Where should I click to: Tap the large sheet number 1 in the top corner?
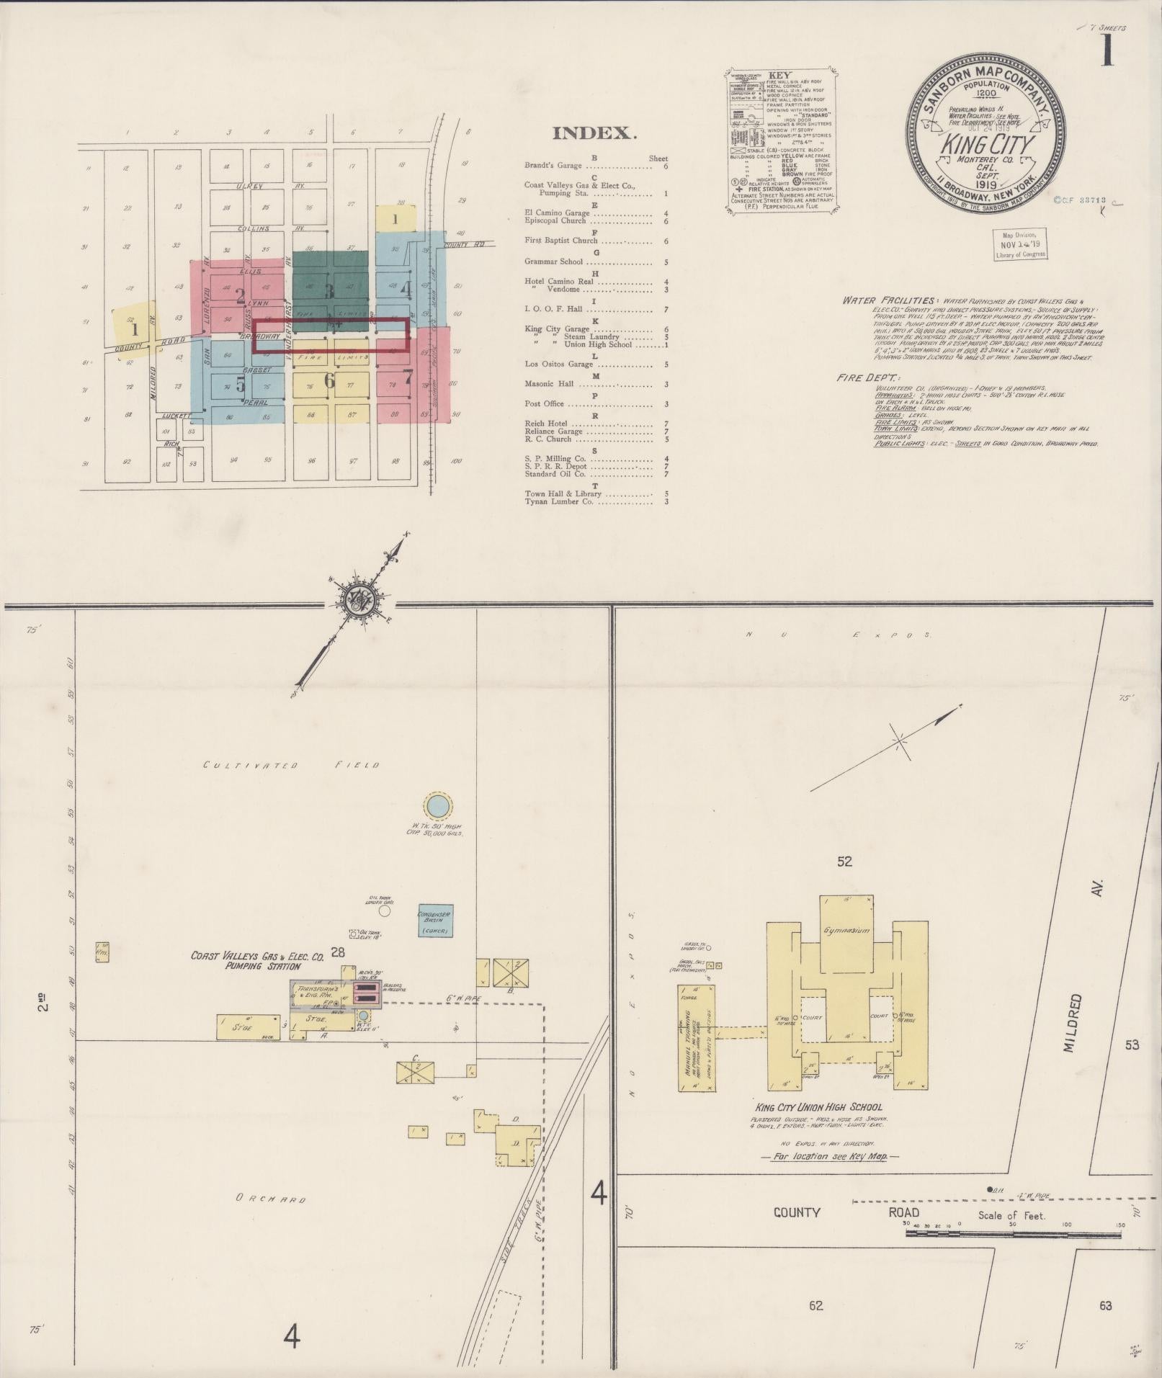(1107, 53)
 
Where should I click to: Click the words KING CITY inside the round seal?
(986, 145)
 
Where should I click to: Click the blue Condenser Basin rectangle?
(436, 920)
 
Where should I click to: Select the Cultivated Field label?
(290, 765)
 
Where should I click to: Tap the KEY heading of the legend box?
(780, 75)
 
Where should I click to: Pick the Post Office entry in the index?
(543, 404)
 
